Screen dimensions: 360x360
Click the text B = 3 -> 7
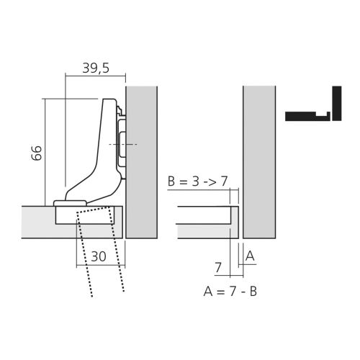click(x=198, y=181)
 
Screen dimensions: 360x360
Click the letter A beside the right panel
click(x=250, y=256)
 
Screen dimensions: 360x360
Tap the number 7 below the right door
click(x=218, y=268)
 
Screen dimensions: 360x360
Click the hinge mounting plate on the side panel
click(x=122, y=144)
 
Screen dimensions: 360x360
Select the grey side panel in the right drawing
click(x=259, y=162)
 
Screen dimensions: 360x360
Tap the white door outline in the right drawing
click(x=205, y=222)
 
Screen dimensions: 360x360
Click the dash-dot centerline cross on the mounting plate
click(x=123, y=145)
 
